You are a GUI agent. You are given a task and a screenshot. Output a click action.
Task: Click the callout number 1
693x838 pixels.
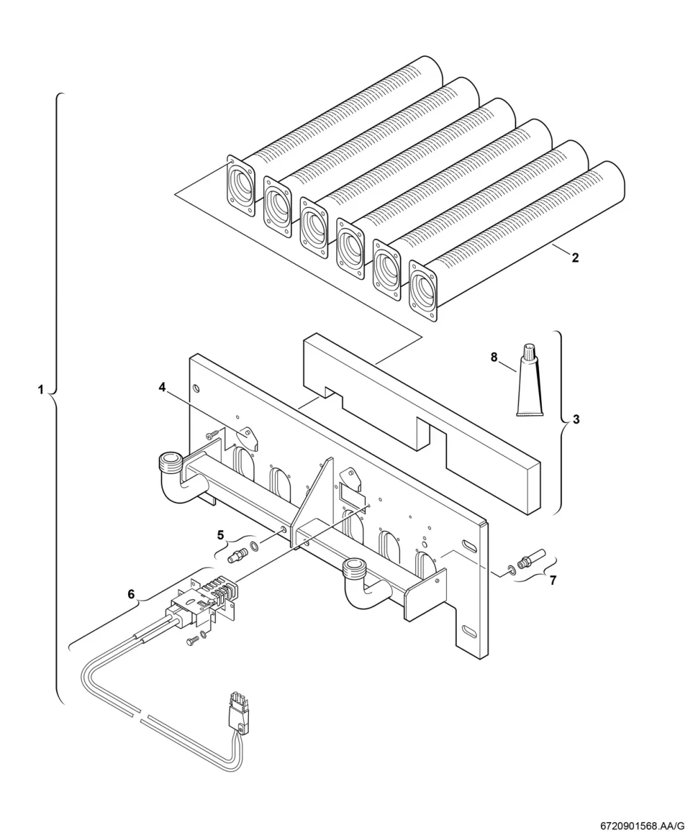[40, 390]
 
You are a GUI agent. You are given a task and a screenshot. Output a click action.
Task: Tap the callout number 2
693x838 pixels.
[575, 258]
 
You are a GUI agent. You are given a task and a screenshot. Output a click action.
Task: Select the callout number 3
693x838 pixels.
[576, 420]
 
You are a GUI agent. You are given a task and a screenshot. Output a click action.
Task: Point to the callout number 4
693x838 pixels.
[162, 387]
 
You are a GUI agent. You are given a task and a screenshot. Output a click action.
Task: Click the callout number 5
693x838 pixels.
[220, 535]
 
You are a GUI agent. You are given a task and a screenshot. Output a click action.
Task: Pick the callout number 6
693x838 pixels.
[131, 594]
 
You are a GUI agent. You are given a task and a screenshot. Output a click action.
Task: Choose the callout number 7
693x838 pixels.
[553, 580]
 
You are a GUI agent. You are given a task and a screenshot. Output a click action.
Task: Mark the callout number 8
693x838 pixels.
[494, 357]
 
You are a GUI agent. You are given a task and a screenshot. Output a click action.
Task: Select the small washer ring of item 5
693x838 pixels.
[254, 545]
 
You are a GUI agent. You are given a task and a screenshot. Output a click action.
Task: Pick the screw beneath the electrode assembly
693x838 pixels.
[191, 641]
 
